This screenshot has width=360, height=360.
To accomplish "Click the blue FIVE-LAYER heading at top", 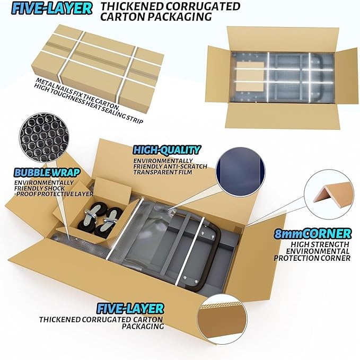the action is pyautogui.click(x=51, y=9).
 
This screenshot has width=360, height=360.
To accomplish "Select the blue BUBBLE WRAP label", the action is pyautogui.click(x=47, y=173).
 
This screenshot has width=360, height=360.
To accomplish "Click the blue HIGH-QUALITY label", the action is pyautogui.click(x=167, y=150).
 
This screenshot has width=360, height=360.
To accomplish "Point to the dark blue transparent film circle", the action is pyautogui.click(x=241, y=171).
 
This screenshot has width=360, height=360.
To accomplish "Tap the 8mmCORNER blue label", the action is pyautogui.click(x=313, y=234).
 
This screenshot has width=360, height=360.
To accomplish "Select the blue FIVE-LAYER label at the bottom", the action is pyautogui.click(x=130, y=309).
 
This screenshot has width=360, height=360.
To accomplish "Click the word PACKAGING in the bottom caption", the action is pyautogui.click(x=143, y=326).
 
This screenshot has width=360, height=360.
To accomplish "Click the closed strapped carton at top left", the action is pyautogui.click(x=98, y=69).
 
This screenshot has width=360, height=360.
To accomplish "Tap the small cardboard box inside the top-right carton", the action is pyautogui.click(x=250, y=77).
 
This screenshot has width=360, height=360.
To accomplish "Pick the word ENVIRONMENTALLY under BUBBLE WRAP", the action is pyautogui.click(x=44, y=183).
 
